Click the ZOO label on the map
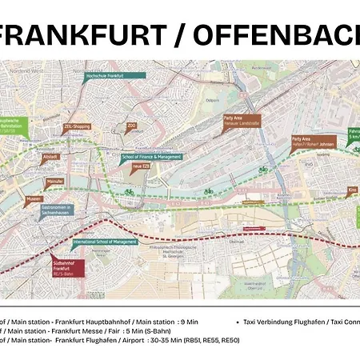pos(132,126)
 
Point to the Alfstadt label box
pos(50,157)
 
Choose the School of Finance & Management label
pos(153,158)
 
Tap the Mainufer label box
pos(55,182)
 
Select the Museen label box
pos(33,198)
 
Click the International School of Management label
pos(105,241)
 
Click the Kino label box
pos(353,190)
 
